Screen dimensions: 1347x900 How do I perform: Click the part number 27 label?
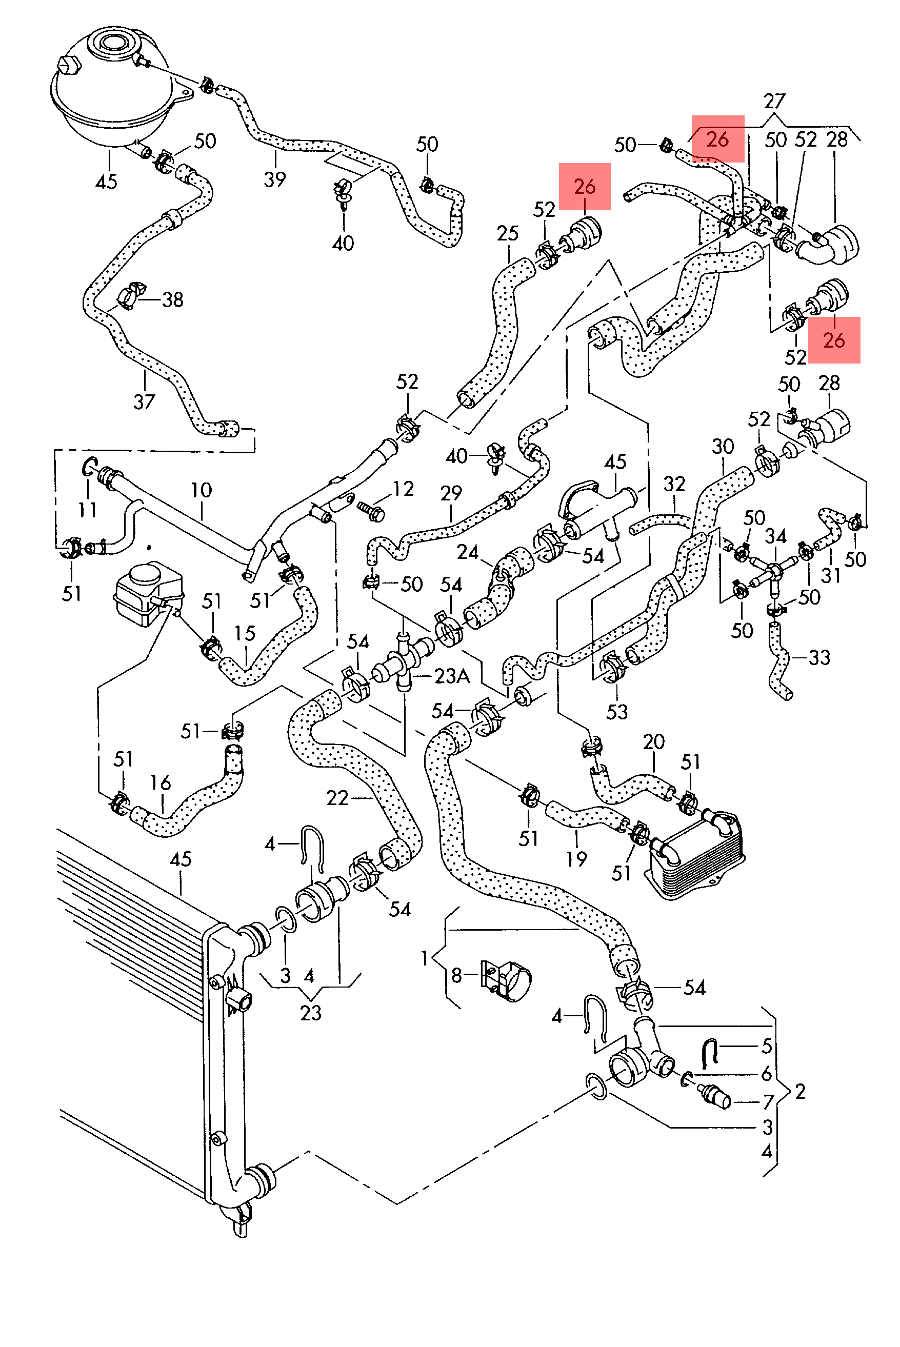tap(774, 101)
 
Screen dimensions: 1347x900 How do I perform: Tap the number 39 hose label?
tap(274, 179)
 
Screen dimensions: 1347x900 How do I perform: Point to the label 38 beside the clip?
tap(173, 299)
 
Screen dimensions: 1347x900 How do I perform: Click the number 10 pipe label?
tap(201, 490)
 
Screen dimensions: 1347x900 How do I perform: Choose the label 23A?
tap(452, 676)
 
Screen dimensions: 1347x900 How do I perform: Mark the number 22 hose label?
tap(337, 798)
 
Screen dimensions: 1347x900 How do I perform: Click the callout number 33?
tap(819, 657)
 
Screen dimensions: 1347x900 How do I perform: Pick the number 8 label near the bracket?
tap(456, 975)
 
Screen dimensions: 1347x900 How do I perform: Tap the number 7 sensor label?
tap(768, 1101)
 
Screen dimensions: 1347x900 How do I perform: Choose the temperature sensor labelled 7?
tap(714, 1096)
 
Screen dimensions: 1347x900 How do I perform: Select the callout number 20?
tap(654, 741)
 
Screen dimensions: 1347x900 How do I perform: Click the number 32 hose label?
tap(674, 484)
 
